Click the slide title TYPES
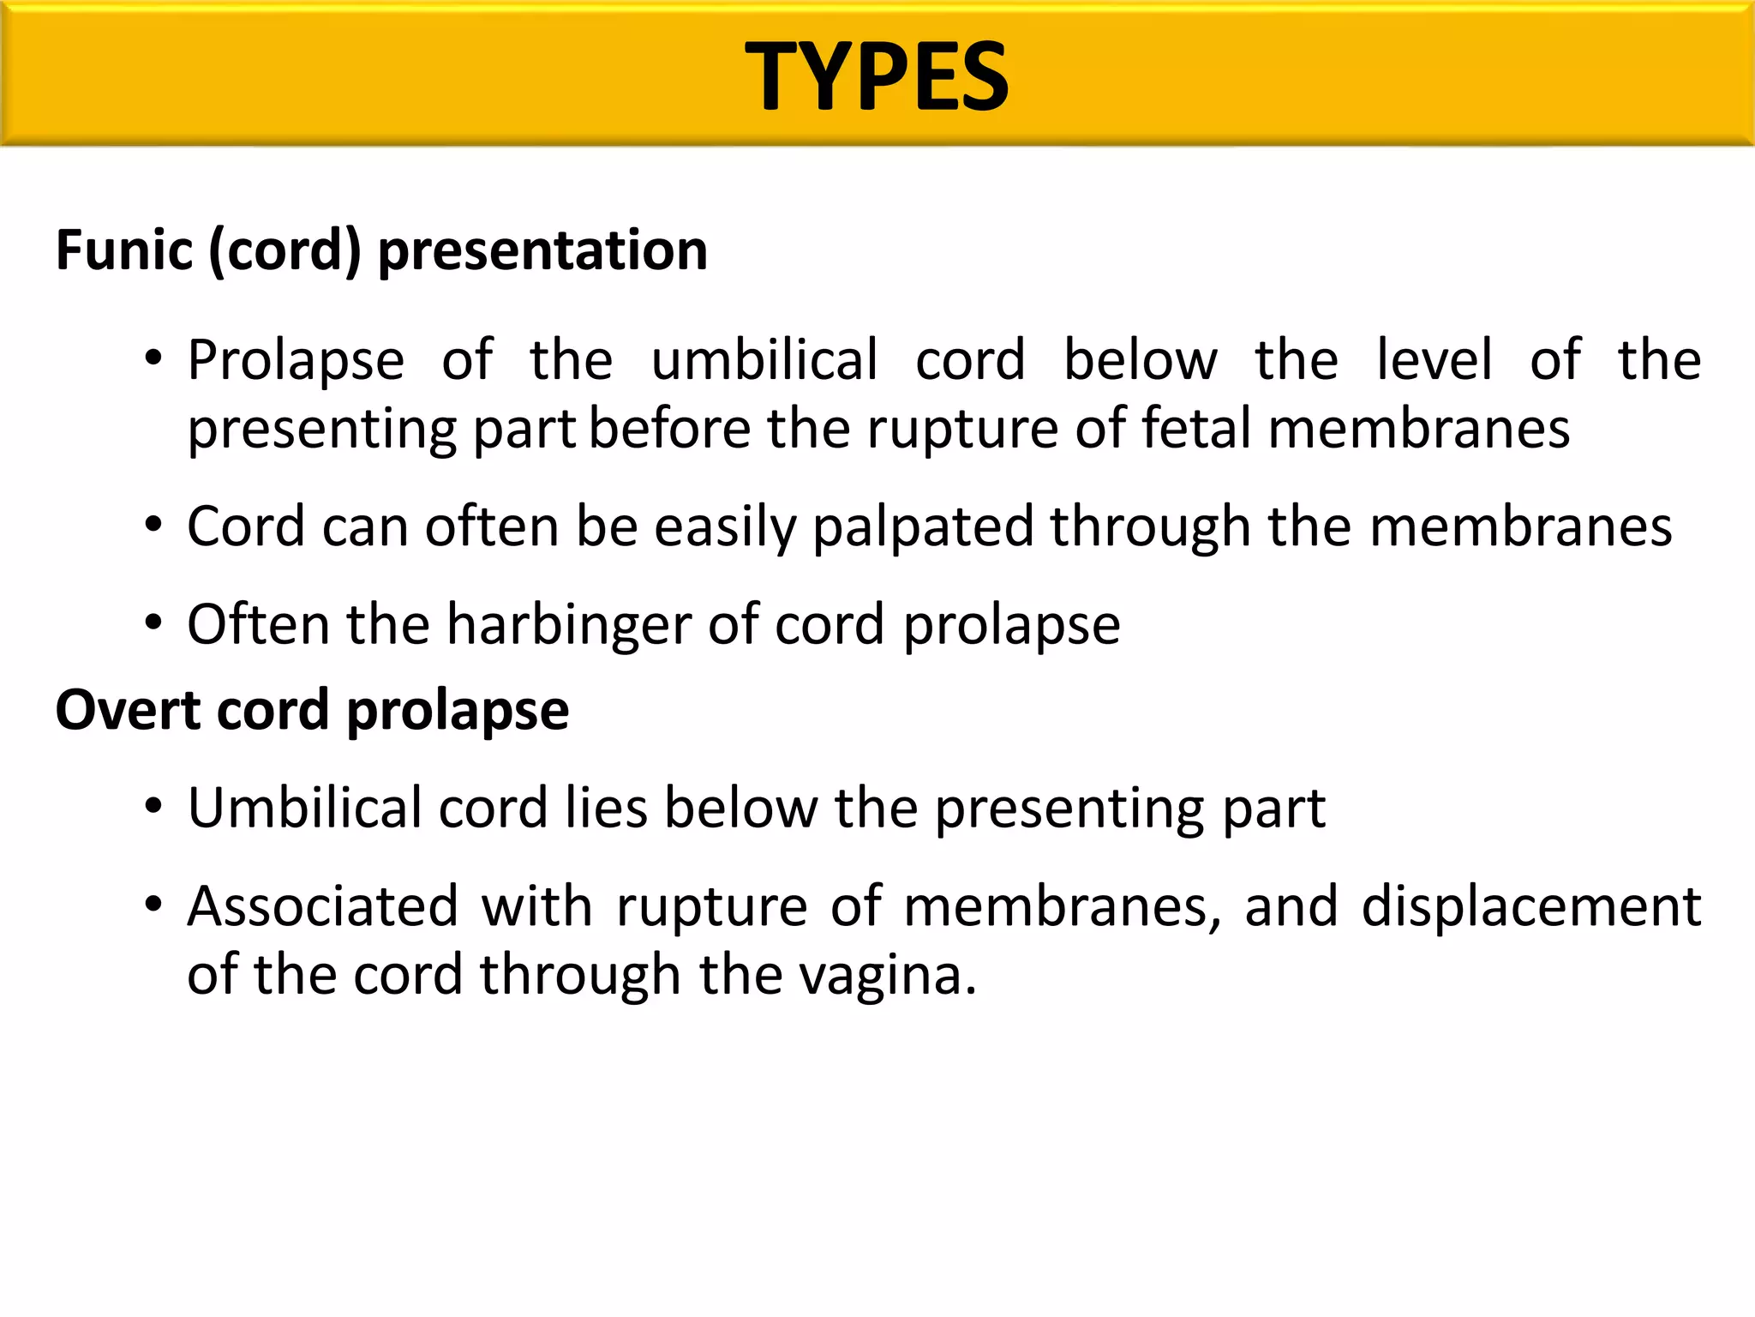tap(877, 77)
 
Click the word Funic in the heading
tap(124, 250)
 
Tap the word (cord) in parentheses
tap(285, 250)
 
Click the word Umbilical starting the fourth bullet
tap(304, 808)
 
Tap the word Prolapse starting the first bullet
tap(296, 360)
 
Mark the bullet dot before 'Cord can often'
tap(153, 525)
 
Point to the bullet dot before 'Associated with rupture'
tap(153, 905)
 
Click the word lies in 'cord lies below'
tap(606, 808)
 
